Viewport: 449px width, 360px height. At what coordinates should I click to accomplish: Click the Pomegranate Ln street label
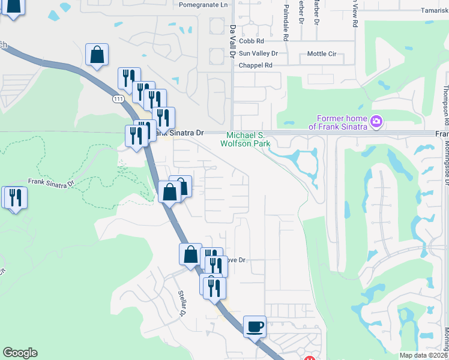[204, 4]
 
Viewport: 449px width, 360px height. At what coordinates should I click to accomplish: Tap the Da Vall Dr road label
[232, 41]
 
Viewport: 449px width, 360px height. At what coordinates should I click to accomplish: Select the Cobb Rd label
[252, 41]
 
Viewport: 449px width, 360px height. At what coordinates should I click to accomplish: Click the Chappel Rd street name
[256, 65]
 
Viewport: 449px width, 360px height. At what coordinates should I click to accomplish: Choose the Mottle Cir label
[321, 54]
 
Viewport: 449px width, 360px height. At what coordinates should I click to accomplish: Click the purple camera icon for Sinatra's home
[376, 122]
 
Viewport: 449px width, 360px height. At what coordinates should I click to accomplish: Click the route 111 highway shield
[117, 100]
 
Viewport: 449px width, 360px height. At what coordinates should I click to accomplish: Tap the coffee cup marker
[255, 328]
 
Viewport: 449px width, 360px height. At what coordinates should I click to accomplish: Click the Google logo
[20, 353]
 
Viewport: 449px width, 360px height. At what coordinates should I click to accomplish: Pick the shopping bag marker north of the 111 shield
[97, 55]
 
